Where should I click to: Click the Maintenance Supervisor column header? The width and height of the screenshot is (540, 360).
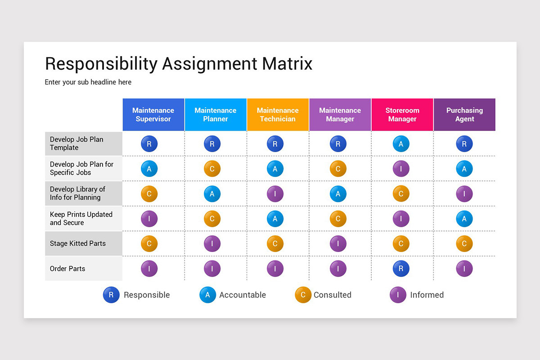(x=153, y=115)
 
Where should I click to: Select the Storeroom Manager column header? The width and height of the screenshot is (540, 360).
(x=402, y=115)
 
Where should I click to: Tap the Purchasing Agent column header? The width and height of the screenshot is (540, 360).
(x=464, y=115)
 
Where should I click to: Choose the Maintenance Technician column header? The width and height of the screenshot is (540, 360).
(x=278, y=115)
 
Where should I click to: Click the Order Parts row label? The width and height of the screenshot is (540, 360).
(x=67, y=269)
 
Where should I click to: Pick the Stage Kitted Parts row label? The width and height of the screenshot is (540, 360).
(x=78, y=243)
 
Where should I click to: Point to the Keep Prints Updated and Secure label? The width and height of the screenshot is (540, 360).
(x=81, y=218)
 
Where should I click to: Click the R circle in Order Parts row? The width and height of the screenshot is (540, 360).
(x=401, y=269)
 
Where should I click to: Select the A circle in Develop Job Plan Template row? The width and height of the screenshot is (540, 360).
(x=401, y=144)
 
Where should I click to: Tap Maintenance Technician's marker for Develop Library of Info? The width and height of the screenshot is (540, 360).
(x=275, y=194)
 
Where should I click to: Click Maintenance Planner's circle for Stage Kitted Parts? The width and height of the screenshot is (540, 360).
(x=212, y=244)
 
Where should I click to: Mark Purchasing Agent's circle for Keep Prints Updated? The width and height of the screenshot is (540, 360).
(x=464, y=219)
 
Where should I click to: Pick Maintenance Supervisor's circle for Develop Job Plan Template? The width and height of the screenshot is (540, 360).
(x=149, y=144)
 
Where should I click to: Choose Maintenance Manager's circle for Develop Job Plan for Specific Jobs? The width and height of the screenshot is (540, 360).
(x=338, y=169)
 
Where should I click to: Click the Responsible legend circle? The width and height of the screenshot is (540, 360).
(x=111, y=295)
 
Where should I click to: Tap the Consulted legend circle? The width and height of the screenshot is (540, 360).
(x=303, y=295)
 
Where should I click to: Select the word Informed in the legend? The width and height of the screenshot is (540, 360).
(x=427, y=295)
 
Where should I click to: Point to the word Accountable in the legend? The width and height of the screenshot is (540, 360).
(x=243, y=295)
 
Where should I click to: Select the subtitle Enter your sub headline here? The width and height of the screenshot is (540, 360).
(x=88, y=82)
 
